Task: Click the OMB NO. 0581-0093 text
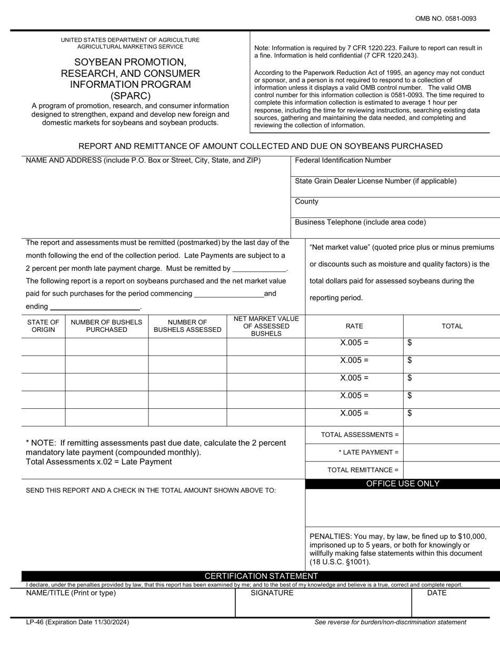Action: point(445,18)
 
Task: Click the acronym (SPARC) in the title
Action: point(130,96)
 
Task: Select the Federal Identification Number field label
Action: point(343,160)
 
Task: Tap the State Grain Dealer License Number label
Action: point(375,181)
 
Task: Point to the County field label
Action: point(306,201)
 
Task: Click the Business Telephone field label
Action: point(360,222)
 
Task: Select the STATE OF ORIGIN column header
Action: point(43,326)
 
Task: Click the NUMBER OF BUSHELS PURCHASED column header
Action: point(106,326)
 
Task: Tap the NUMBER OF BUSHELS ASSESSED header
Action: point(187,326)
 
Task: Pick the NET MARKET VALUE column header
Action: point(266,326)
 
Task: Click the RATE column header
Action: point(354,326)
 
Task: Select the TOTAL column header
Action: point(452,326)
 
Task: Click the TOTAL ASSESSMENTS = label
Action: point(359,434)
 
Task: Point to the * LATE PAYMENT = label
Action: point(368,452)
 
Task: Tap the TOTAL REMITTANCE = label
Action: point(363,470)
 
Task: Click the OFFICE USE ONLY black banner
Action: point(403,484)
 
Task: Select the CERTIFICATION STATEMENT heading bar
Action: point(261,576)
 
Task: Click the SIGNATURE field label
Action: point(272,593)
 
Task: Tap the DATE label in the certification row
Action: point(437,593)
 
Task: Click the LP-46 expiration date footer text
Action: point(77,622)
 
